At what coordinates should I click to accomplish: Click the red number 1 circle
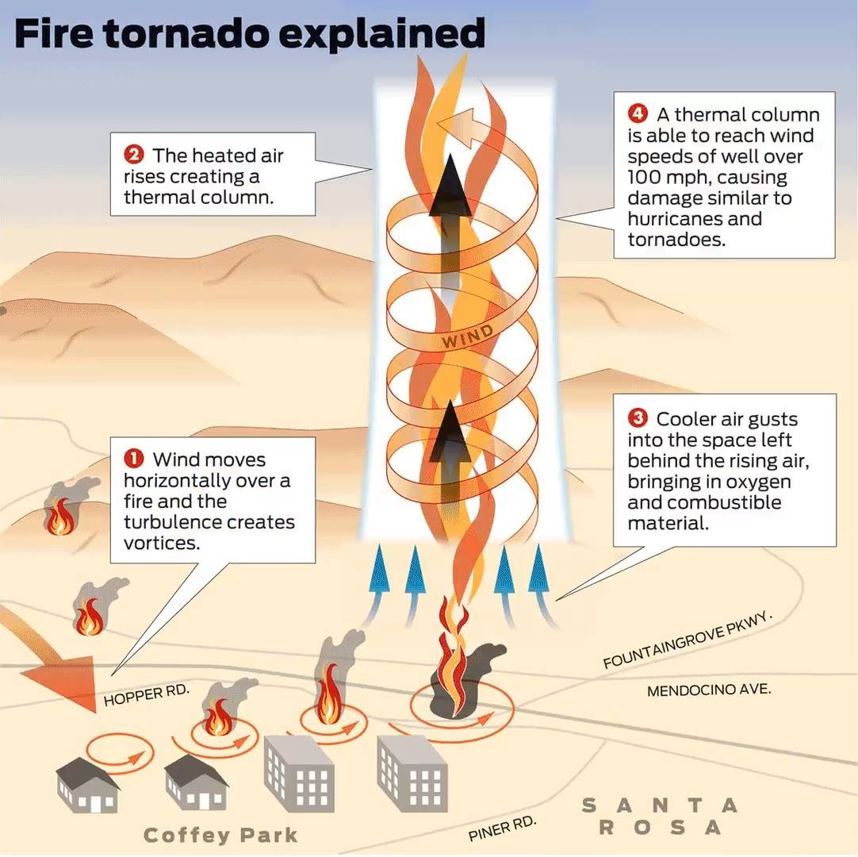(133, 459)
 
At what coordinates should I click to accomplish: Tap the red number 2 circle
(133, 155)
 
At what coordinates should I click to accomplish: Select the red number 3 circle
(638, 418)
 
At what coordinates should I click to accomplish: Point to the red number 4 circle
(638, 113)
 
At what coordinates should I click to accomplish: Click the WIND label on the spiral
(468, 335)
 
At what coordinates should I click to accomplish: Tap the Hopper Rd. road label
(146, 694)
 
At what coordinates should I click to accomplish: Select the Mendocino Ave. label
(709, 690)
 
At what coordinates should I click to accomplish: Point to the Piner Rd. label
(502, 828)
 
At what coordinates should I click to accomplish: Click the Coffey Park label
(220, 835)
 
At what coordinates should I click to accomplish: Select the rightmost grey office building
(412, 773)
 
